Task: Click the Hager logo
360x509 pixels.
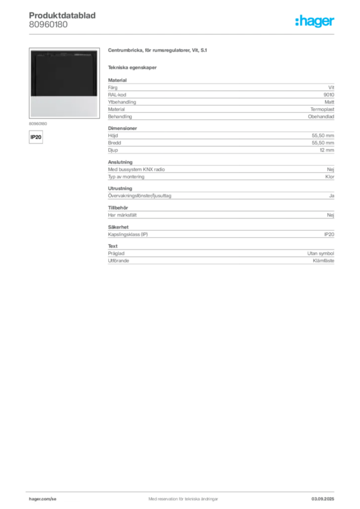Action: [315, 21]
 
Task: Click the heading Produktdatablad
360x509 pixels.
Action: [62, 15]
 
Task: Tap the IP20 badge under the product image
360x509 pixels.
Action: [36, 137]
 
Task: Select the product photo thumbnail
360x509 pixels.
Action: [64, 83]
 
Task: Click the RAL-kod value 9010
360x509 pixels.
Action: [329, 95]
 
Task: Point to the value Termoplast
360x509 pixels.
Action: [322, 109]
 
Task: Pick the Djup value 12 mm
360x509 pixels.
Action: [327, 150]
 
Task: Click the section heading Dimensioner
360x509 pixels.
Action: [122, 128]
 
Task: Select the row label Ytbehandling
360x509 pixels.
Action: [122, 102]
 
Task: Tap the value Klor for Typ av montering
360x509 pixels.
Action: [330, 176]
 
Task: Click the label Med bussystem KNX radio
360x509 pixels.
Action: [136, 170]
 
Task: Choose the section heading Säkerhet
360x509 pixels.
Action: [118, 227]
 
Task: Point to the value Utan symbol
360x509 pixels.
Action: [321, 253]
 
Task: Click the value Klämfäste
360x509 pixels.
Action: [323, 260]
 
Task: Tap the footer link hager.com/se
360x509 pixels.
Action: [43, 499]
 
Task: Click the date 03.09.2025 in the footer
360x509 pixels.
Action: [323, 499]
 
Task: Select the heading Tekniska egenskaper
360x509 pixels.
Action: [132, 68]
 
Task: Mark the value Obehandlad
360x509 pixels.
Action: [321, 116]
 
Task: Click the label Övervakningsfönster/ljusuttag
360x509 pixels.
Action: [140, 196]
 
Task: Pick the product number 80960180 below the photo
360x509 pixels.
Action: [38, 124]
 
